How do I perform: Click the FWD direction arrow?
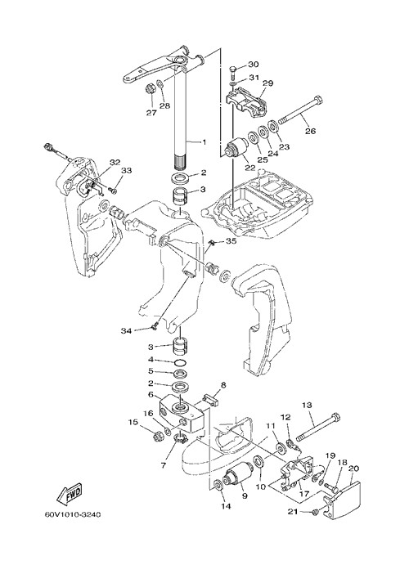(x=70, y=494)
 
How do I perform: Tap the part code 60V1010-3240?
(x=73, y=514)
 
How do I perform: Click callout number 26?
(x=310, y=131)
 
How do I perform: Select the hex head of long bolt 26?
(x=318, y=100)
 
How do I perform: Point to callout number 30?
(x=263, y=64)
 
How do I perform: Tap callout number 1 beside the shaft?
(x=204, y=142)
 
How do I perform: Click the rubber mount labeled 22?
(x=234, y=149)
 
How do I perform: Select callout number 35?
(x=231, y=240)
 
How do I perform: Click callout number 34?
(x=126, y=330)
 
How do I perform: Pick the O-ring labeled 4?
(x=180, y=361)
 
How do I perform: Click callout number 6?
(x=151, y=395)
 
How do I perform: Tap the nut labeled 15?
(x=157, y=436)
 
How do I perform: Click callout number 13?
(x=307, y=405)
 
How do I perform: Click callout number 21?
(x=293, y=511)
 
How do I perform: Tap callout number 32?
(x=115, y=163)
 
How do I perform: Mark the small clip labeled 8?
(x=211, y=401)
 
